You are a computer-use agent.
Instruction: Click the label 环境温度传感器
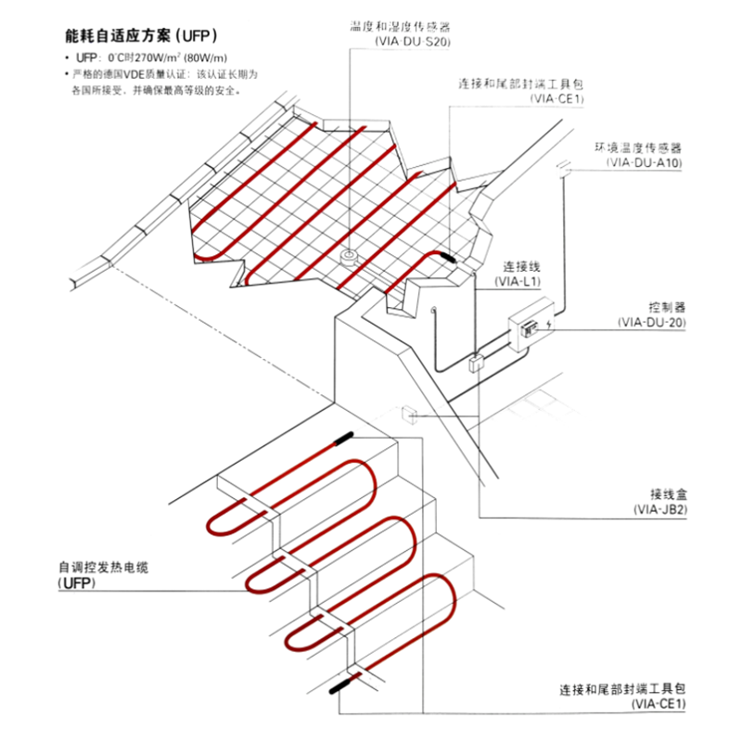click(x=638, y=148)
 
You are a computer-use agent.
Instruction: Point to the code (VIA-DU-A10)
click(x=644, y=162)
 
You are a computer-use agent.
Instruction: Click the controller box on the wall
click(x=531, y=326)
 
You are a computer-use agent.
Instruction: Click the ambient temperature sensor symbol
click(x=563, y=168)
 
